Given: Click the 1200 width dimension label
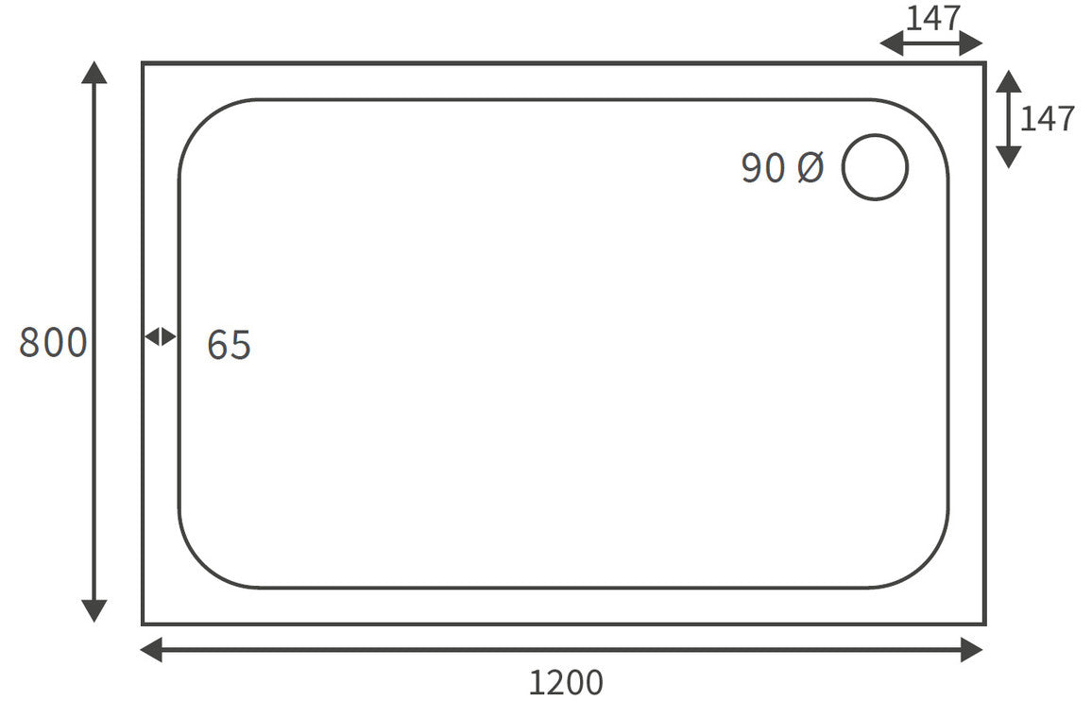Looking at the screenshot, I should coord(565,682).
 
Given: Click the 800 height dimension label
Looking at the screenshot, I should coord(53,342).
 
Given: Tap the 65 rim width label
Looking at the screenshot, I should coord(229,346).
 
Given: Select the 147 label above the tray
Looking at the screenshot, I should coord(933,18).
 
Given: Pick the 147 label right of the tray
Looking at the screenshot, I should coord(1048,119).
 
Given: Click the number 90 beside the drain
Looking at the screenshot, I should coord(763,168).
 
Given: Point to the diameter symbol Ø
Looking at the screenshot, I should coord(810,168).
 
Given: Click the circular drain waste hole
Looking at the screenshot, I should coord(875,167).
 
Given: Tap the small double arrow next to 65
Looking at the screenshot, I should coord(161,336).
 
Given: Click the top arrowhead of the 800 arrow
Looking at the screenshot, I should coord(94,72).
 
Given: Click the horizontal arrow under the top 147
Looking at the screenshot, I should coord(931,43).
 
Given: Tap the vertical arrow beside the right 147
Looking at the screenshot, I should coord(1009,119).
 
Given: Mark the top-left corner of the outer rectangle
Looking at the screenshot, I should coord(144,63).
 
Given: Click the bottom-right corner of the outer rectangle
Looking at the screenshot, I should coord(984,624).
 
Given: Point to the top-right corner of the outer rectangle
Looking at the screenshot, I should coord(984,63).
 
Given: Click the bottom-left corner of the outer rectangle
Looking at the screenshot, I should coord(144,624).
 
